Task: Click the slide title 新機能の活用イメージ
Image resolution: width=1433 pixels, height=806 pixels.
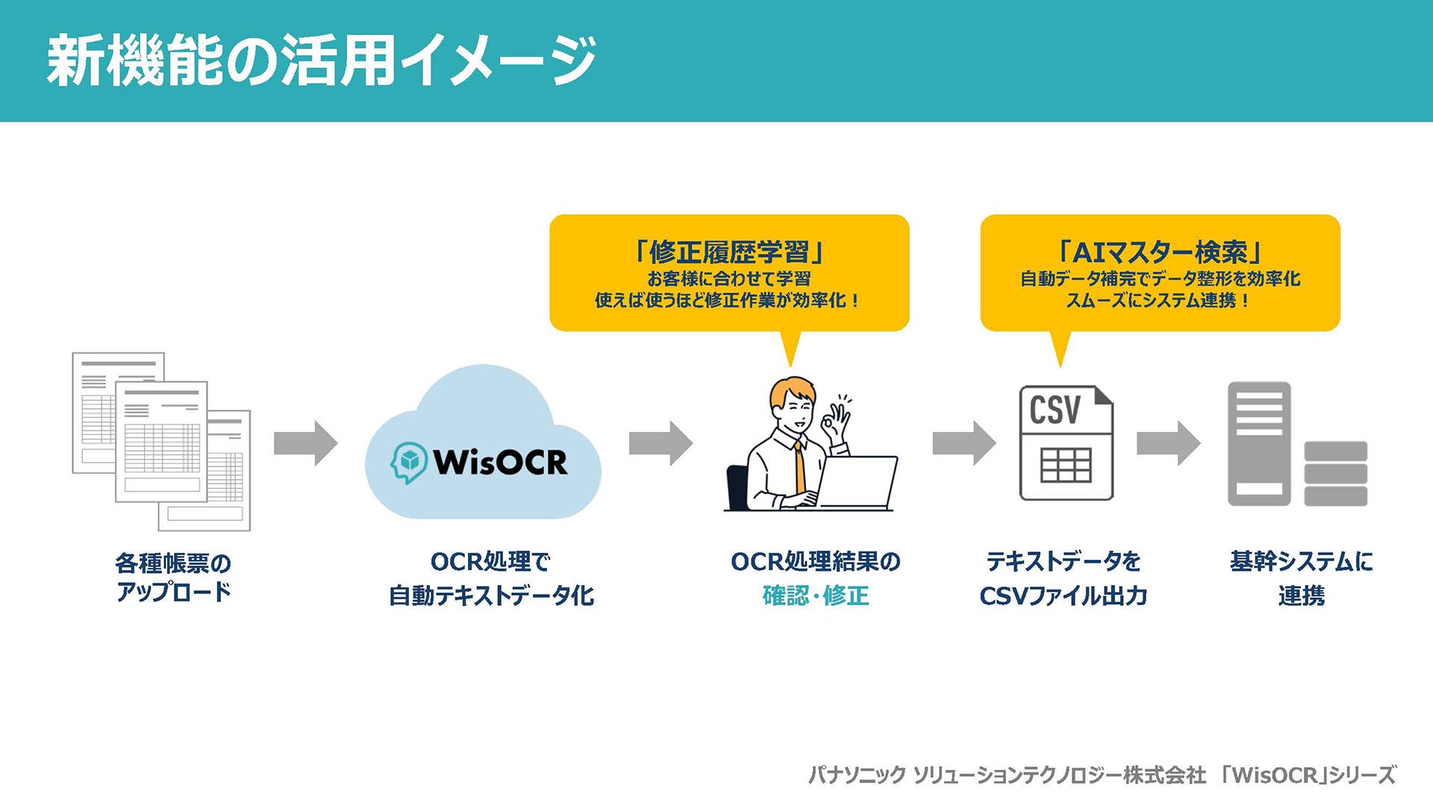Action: (321, 60)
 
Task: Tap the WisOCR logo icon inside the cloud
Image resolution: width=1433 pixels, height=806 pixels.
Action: (409, 462)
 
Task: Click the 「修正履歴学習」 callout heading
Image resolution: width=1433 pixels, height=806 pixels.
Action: (728, 252)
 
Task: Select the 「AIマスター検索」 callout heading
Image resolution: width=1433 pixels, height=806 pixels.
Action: (1160, 252)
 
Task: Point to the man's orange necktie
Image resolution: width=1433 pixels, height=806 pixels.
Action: (800, 466)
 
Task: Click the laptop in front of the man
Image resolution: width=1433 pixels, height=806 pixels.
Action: (858, 482)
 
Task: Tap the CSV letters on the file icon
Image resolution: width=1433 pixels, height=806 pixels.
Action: (1055, 410)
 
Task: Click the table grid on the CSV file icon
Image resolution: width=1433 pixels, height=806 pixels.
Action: (1066, 465)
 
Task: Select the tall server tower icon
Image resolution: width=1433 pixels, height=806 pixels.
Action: (1259, 443)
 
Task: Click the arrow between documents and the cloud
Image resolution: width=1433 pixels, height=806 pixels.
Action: (305, 443)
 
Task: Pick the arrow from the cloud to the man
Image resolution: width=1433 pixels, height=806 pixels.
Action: (661, 443)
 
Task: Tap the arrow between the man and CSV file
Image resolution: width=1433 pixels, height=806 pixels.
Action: (964, 443)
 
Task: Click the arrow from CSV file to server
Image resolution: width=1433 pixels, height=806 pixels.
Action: (1168, 443)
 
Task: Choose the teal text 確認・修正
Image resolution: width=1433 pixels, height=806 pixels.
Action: (816, 596)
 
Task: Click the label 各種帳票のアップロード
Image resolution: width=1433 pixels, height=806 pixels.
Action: (173, 577)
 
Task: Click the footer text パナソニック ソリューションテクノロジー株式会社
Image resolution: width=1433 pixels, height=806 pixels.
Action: (1007, 775)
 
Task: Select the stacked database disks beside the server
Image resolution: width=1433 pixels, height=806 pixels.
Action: (1335, 473)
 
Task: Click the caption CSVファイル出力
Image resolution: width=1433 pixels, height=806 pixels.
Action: (1063, 596)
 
